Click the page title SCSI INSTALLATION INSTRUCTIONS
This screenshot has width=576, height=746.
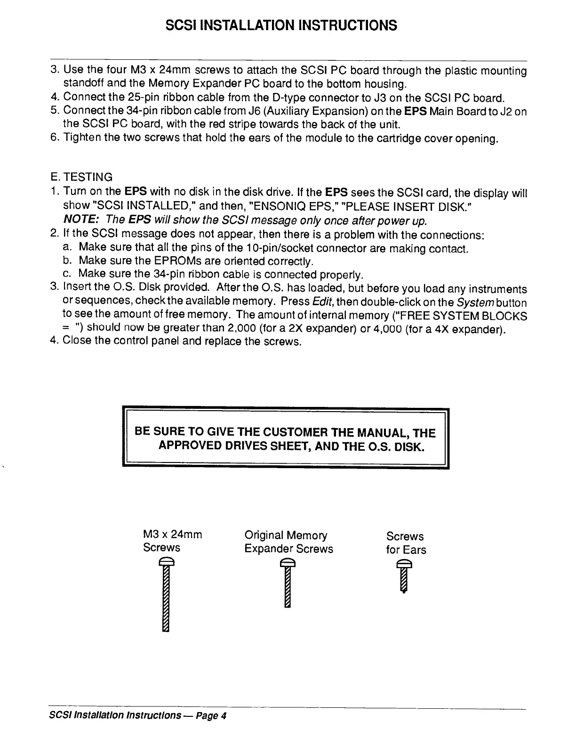click(x=281, y=24)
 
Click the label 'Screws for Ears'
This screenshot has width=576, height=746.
click(x=406, y=543)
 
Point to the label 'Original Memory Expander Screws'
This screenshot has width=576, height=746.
click(x=288, y=542)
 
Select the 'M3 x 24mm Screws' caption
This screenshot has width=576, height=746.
click(x=172, y=541)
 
